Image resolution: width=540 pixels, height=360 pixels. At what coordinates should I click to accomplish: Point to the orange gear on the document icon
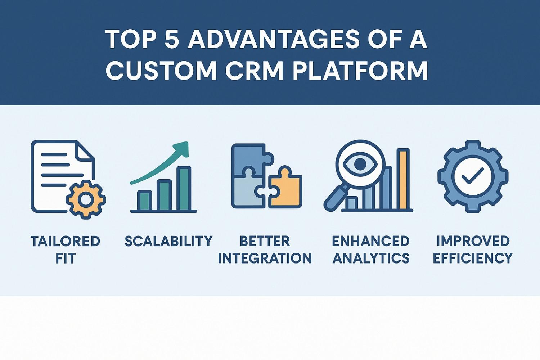(86, 200)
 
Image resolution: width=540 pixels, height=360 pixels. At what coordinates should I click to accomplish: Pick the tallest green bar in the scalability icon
(184, 188)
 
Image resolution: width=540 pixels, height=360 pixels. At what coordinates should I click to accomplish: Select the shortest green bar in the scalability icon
(144, 200)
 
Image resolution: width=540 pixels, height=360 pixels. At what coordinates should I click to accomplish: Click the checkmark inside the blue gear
(472, 176)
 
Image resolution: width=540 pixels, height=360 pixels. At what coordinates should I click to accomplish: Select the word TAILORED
(65, 241)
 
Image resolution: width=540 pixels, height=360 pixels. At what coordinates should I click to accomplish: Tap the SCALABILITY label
(168, 241)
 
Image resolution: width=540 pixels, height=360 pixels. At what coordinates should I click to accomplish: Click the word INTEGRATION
(265, 258)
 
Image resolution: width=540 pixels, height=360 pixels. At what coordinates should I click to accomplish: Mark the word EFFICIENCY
(472, 258)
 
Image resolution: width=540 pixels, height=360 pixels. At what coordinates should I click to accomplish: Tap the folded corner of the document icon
(85, 151)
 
